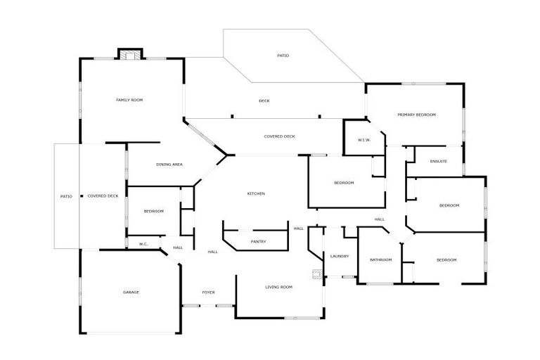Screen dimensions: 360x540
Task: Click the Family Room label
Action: (x=129, y=101)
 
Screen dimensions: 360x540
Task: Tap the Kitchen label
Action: (x=255, y=193)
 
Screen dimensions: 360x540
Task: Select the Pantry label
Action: (x=258, y=242)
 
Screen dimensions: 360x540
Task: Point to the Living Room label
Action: (x=278, y=287)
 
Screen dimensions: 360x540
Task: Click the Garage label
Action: (x=131, y=292)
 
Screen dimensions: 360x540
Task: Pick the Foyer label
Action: (x=208, y=292)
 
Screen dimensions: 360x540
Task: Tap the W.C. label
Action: (x=143, y=244)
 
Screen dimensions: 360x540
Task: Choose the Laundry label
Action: (x=340, y=256)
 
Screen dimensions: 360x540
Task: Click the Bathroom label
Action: (x=380, y=260)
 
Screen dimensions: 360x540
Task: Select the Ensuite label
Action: (x=438, y=162)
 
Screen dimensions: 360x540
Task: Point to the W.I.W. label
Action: (x=364, y=140)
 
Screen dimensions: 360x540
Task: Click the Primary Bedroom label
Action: (x=417, y=115)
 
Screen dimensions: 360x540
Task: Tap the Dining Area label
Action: (x=169, y=165)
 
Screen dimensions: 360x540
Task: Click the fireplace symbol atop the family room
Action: (x=129, y=53)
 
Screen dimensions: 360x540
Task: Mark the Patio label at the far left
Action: (x=66, y=196)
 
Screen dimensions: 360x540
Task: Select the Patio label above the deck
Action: (x=283, y=55)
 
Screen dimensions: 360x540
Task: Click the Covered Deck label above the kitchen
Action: (x=279, y=136)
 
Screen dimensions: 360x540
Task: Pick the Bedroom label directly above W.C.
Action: (x=154, y=212)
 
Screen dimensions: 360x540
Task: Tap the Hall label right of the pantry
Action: (x=298, y=228)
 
